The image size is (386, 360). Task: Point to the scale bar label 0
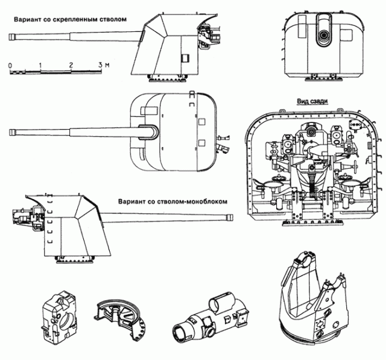(x=10, y=64)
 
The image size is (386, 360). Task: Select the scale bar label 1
(x=40, y=64)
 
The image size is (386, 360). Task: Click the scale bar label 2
(x=71, y=64)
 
